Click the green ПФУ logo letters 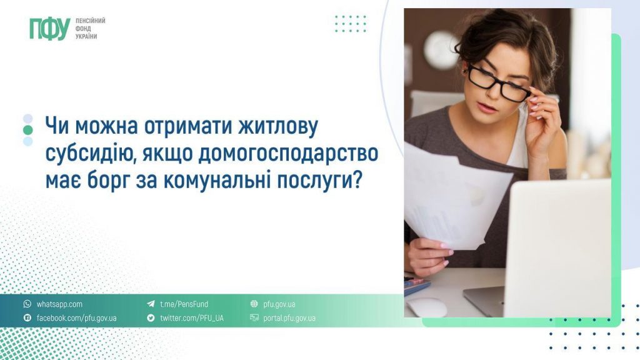coord(49,29)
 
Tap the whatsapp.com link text coord(59,304)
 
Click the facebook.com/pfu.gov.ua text coord(76,318)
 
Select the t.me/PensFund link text coord(184,304)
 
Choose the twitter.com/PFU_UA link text coord(191,318)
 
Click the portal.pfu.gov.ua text coord(289,318)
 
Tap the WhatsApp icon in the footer coord(27,304)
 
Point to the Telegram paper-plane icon coord(151,304)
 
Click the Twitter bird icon coord(151,318)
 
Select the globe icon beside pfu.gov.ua coord(254,304)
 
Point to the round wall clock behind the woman coord(441,50)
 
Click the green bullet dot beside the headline coord(27,130)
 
